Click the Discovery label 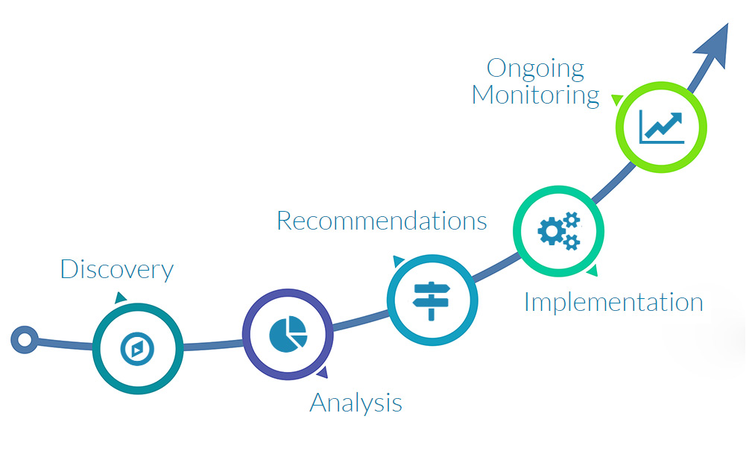point(117,269)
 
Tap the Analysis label point(356,403)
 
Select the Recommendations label point(382,221)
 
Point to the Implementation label point(613,302)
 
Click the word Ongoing point(535,69)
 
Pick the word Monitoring point(535,95)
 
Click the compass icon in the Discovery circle point(138,348)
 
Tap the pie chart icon point(288,333)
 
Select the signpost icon point(432,299)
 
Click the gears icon point(558,230)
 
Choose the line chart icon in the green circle point(661,127)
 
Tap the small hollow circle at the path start point(25,341)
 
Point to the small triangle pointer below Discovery point(121,298)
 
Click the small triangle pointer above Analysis point(322,373)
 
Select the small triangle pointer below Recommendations point(399,261)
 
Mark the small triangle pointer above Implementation point(592,272)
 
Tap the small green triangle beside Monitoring point(616,99)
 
